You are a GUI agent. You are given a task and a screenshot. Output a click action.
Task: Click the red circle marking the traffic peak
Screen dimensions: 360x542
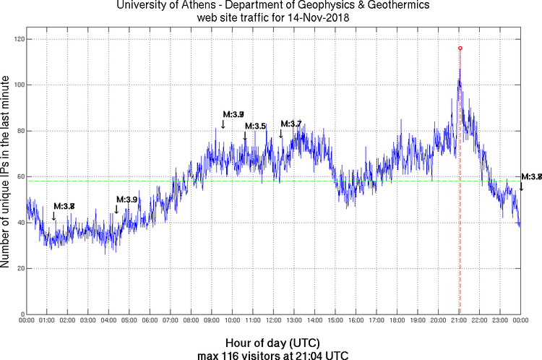[460, 48]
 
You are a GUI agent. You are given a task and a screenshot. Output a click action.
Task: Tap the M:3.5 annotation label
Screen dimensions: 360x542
[255, 127]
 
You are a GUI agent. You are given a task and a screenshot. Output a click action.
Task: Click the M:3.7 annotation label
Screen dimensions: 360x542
[291, 124]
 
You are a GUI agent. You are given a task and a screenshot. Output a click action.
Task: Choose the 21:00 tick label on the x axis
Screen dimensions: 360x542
[460, 320]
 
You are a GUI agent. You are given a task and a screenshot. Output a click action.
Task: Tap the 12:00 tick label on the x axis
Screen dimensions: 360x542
[274, 320]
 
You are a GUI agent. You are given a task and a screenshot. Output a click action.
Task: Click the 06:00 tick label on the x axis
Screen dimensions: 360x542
[150, 320]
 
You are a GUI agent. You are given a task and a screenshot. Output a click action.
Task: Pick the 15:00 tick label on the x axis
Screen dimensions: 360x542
[336, 320]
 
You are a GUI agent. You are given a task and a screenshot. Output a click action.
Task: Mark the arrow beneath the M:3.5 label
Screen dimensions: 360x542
[245, 136]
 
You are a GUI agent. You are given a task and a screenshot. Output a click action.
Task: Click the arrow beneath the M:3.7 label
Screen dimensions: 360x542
[281, 133]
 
